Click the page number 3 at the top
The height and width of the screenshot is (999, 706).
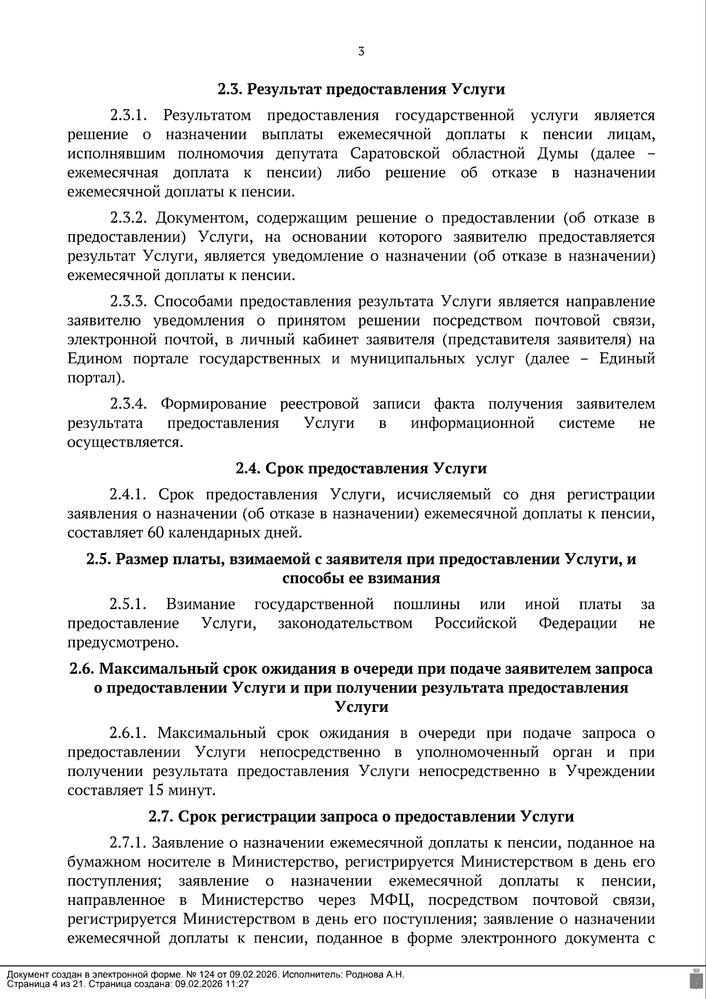(x=361, y=52)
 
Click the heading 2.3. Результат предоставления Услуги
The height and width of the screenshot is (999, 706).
(x=361, y=89)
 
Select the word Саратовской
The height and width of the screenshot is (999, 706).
(x=395, y=154)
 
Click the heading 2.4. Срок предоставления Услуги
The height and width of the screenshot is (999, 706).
(x=361, y=468)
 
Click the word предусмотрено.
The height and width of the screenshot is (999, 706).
(x=122, y=642)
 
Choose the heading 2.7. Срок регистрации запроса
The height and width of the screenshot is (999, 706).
(x=361, y=817)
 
